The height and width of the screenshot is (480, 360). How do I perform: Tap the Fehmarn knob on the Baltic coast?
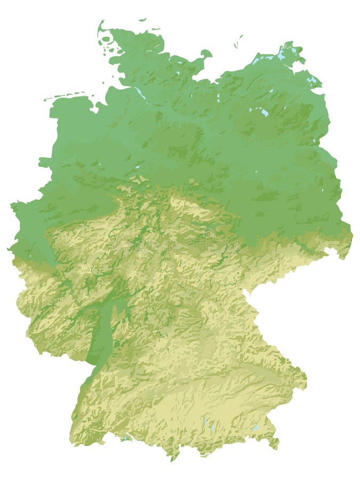[206, 53]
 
